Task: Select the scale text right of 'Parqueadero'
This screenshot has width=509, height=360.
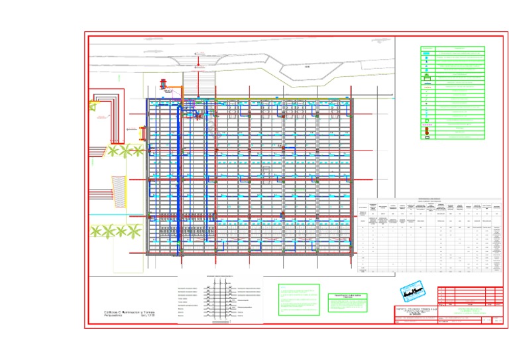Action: (x=152, y=316)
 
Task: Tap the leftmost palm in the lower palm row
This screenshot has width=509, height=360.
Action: (x=97, y=231)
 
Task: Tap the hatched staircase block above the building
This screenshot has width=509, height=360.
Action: (x=199, y=83)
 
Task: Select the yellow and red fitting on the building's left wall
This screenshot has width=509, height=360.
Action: (x=142, y=133)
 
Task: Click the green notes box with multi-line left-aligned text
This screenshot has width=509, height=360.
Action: (x=298, y=300)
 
